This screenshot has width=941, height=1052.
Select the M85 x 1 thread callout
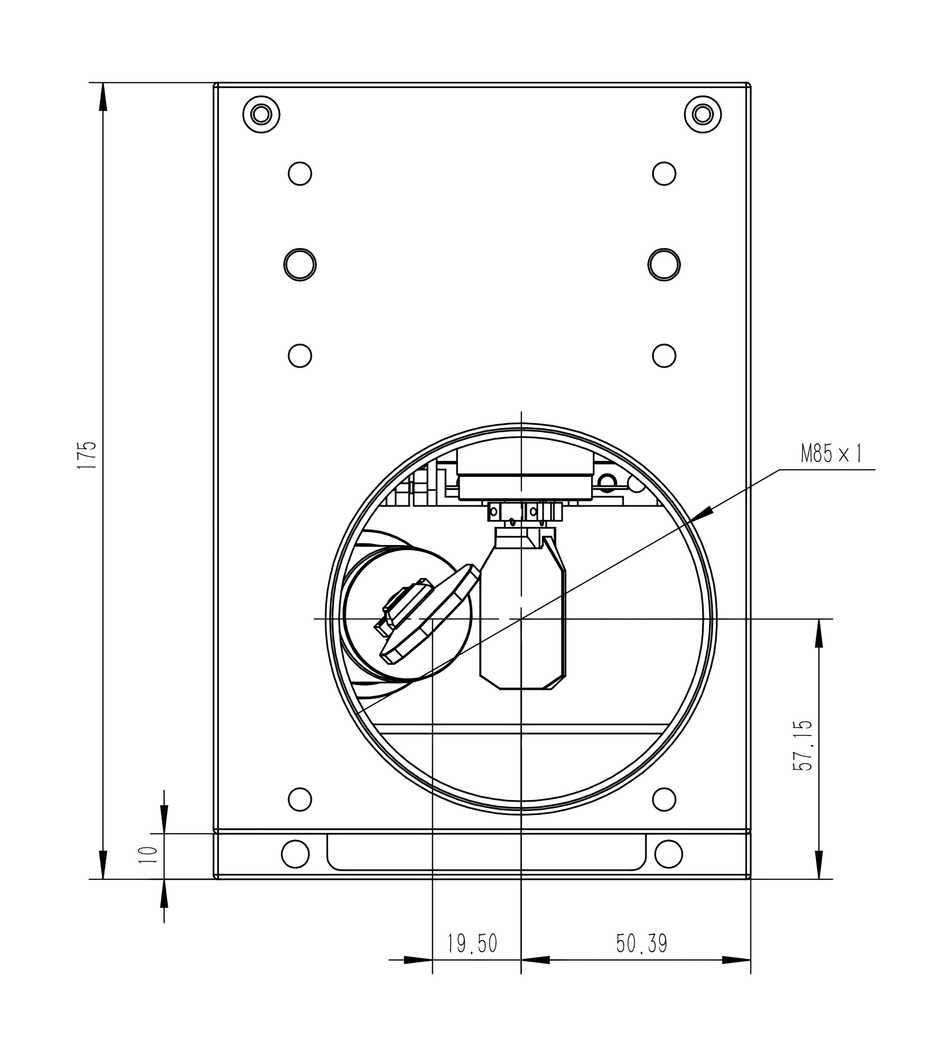point(832,454)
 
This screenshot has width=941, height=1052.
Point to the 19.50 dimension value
point(472,944)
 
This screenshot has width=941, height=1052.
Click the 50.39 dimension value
point(642,944)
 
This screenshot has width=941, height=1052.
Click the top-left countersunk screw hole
point(261,114)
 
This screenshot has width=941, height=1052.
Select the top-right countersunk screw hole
point(702,114)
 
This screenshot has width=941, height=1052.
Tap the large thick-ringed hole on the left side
point(300,265)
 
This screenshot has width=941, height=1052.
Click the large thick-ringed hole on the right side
point(664,265)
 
